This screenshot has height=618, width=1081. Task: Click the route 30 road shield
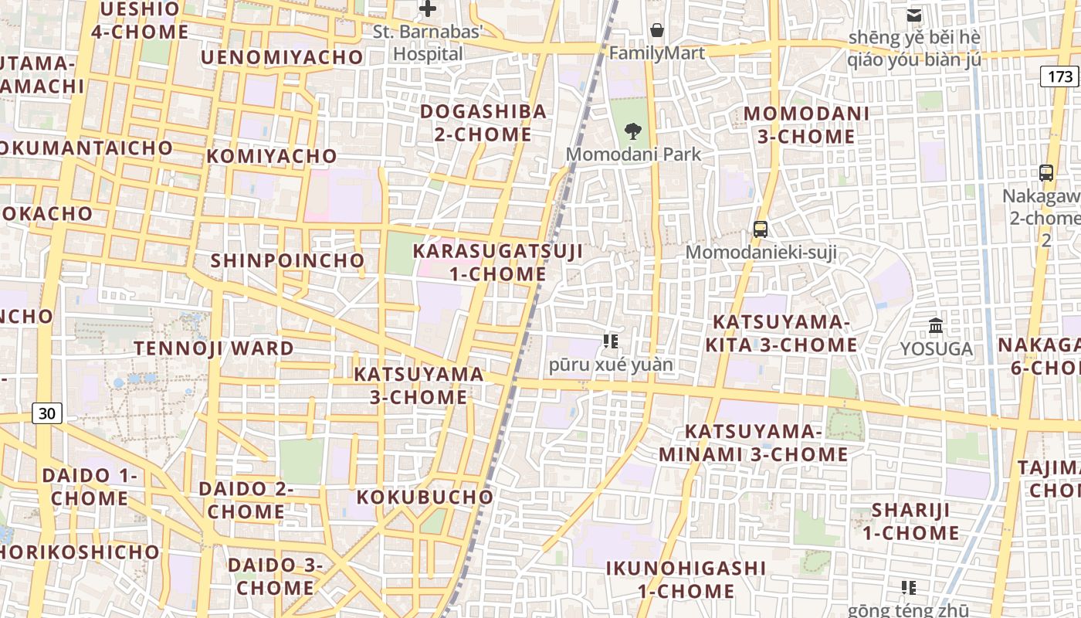pyautogui.click(x=47, y=413)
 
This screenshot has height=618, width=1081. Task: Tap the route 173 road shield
pyautogui.click(x=1060, y=76)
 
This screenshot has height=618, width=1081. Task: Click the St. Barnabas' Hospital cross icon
pyautogui.click(x=427, y=9)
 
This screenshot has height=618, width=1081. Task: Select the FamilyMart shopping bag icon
pyautogui.click(x=656, y=30)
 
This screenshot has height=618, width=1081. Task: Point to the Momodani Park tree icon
pyautogui.click(x=633, y=131)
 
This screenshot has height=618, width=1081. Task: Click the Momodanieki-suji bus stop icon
pyautogui.click(x=761, y=229)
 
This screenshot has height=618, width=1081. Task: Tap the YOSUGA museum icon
pyautogui.click(x=936, y=325)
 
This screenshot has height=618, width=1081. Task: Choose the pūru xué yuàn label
pyautogui.click(x=611, y=365)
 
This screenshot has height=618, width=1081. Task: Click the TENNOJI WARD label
pyautogui.click(x=214, y=348)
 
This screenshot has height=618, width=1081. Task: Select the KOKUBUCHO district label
pyautogui.click(x=425, y=497)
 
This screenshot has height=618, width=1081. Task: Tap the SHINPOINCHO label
pyautogui.click(x=287, y=260)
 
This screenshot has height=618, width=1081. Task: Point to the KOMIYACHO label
pyautogui.click(x=272, y=156)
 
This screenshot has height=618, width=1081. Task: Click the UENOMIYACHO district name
pyautogui.click(x=282, y=57)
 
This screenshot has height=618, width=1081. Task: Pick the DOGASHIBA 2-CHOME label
pyautogui.click(x=483, y=123)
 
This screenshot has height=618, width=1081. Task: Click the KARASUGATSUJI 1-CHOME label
pyautogui.click(x=498, y=263)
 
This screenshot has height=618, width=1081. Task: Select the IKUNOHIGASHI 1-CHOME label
pyautogui.click(x=686, y=579)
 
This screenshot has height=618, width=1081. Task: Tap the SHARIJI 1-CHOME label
pyautogui.click(x=910, y=521)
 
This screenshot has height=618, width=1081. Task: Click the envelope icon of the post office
pyautogui.click(x=914, y=15)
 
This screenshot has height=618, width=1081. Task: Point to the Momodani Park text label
pyautogui.click(x=633, y=154)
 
